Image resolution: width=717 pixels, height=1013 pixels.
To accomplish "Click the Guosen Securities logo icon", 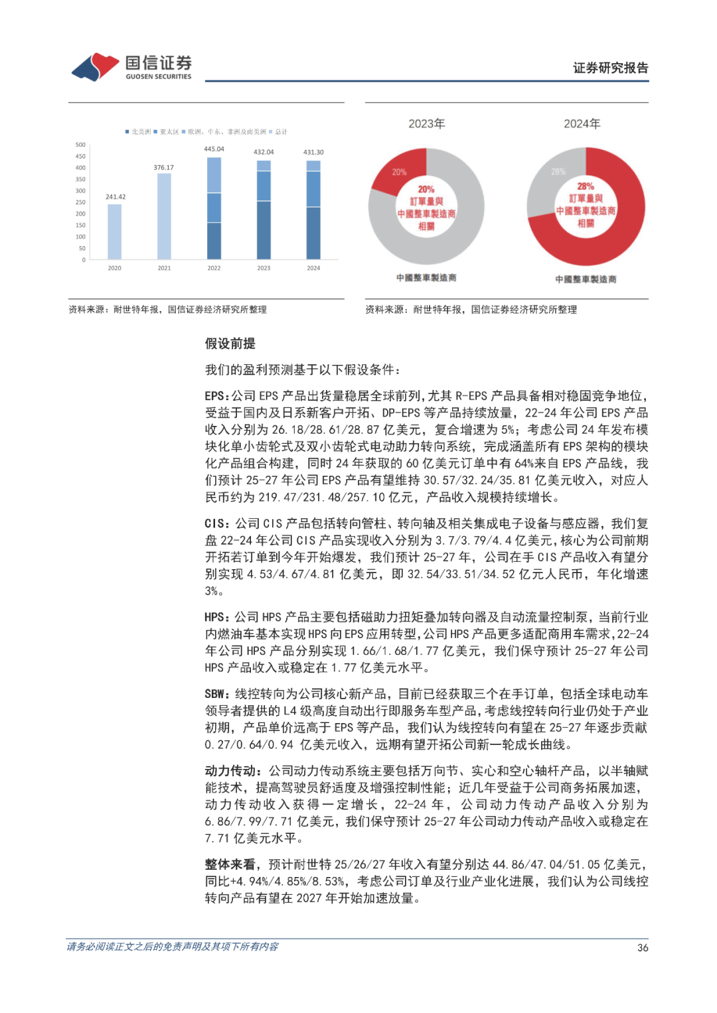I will [x=96, y=66].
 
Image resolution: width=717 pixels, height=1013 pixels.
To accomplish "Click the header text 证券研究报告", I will [x=610, y=68].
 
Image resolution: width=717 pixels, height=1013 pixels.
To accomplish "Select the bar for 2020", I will [x=114, y=232].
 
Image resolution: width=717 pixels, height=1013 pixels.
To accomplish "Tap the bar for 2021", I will [x=164, y=216].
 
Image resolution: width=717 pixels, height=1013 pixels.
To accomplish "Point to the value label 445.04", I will [x=214, y=149].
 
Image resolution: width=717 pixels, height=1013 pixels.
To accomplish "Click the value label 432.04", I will [x=264, y=152].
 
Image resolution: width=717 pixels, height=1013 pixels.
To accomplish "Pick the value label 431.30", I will [x=313, y=152].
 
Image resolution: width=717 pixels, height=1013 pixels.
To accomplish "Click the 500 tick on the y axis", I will [x=80, y=145].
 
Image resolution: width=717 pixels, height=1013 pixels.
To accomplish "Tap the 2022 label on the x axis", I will [x=214, y=268].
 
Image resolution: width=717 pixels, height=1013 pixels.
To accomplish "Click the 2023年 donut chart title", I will [x=426, y=123].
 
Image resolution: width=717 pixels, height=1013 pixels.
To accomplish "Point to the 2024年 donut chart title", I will [x=582, y=123].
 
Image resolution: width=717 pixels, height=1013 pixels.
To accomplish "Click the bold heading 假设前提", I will [x=230, y=344].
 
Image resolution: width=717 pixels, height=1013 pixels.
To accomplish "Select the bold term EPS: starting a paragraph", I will [x=217, y=396].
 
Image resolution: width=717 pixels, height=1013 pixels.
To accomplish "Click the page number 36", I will [x=642, y=947].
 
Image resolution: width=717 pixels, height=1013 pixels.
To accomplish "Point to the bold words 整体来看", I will [x=230, y=864].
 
